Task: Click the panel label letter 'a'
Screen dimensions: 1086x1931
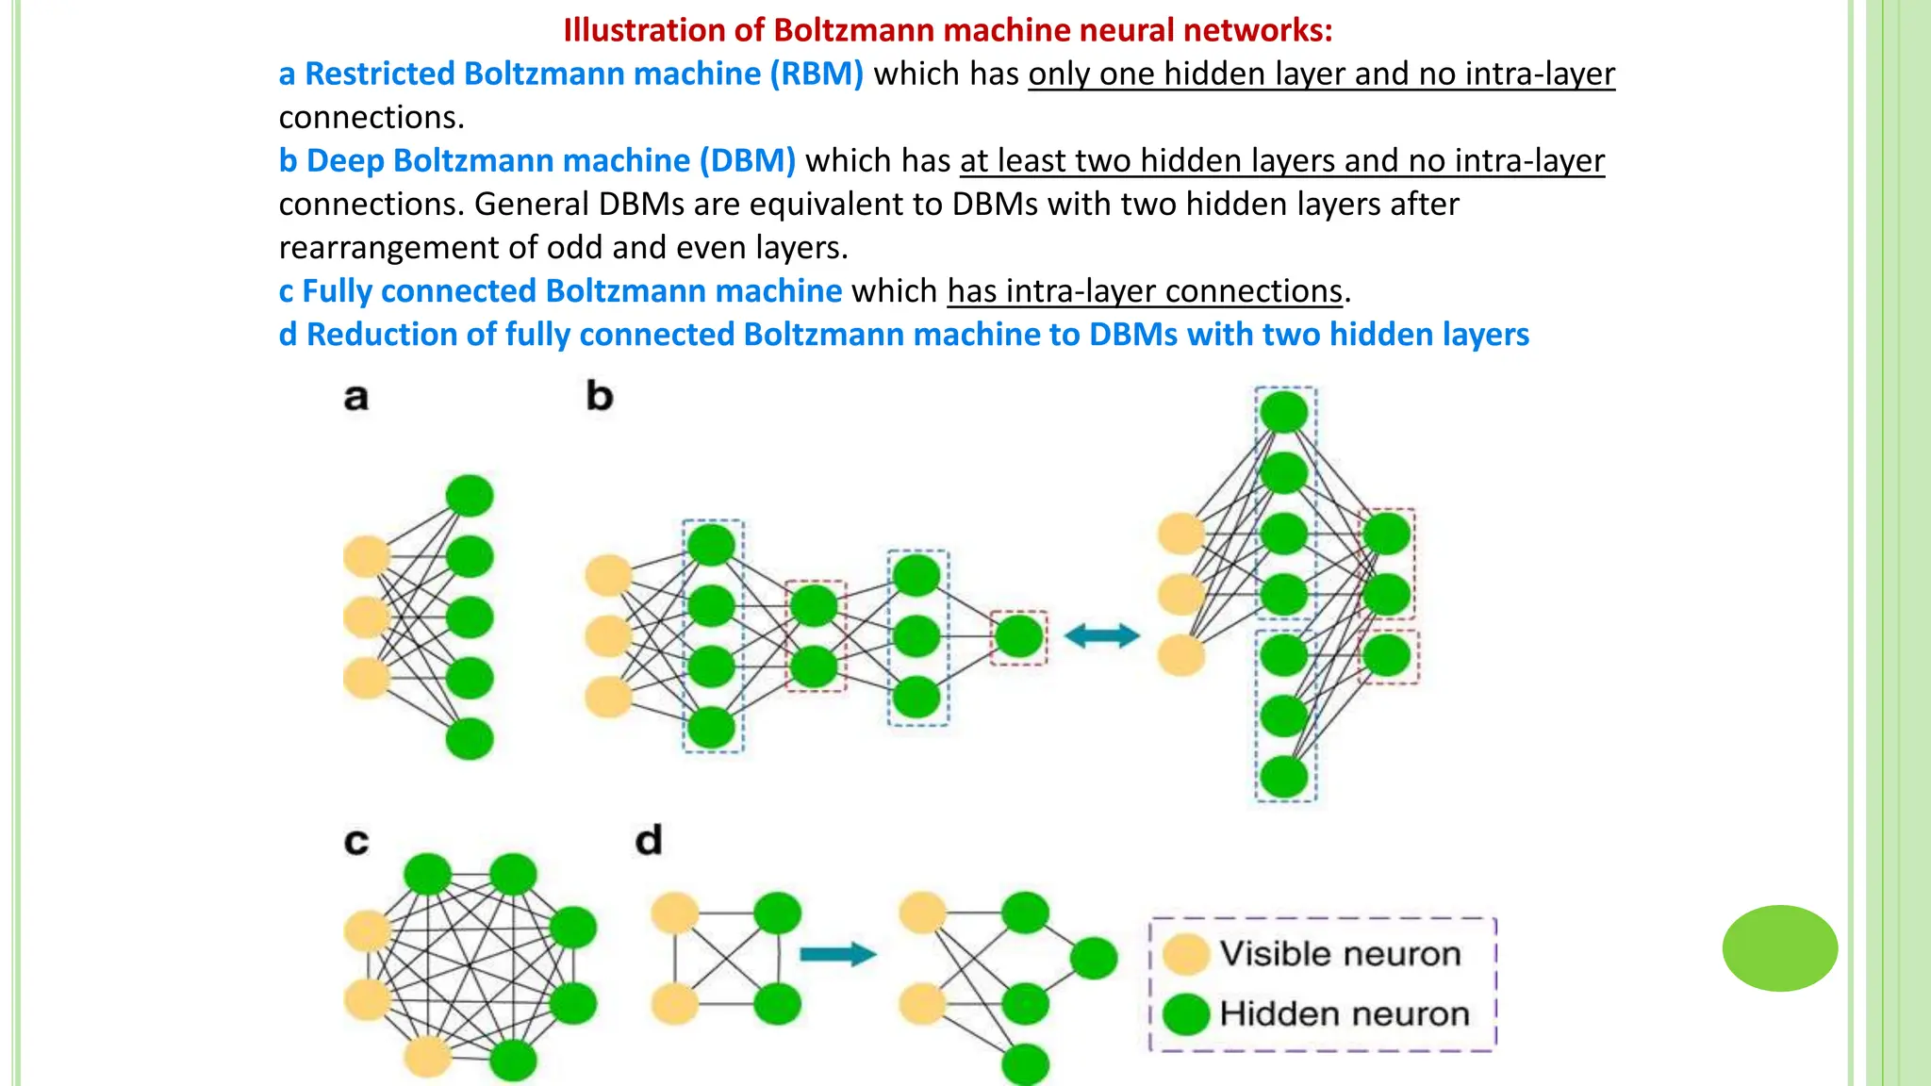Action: click(355, 398)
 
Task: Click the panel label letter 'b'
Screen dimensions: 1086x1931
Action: click(600, 396)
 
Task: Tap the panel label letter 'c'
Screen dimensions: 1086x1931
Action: click(355, 841)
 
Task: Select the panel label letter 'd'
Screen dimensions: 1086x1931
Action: click(649, 840)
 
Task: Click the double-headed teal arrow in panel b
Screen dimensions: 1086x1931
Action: click(1101, 636)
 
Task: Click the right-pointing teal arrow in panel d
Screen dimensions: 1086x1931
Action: click(837, 954)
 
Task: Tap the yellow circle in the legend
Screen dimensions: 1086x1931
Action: click(1185, 954)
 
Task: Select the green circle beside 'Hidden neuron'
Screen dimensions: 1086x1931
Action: click(1185, 1014)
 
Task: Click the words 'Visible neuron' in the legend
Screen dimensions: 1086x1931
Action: click(1340, 954)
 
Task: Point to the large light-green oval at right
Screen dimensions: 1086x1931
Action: click(1779, 948)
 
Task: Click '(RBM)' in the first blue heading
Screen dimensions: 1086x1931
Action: click(817, 74)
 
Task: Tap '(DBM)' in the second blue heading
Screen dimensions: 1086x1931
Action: click(748, 160)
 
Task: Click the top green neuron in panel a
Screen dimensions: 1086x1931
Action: click(469, 496)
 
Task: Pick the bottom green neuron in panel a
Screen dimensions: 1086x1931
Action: click(469, 739)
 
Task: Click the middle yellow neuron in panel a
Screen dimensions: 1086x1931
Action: click(366, 617)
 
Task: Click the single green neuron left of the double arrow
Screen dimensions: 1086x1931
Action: click(1018, 636)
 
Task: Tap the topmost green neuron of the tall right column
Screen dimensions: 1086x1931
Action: click(1284, 412)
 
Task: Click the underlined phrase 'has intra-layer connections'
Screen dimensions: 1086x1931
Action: click(1145, 291)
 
